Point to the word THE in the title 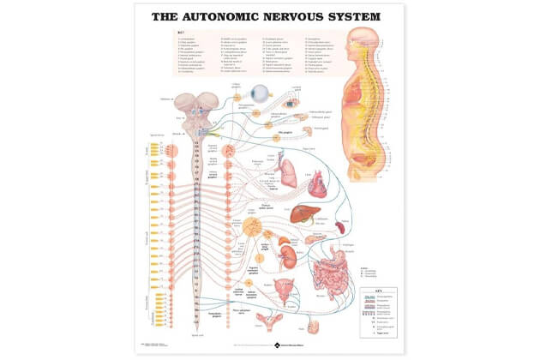[x=170, y=16]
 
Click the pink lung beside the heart [x=289, y=175]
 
